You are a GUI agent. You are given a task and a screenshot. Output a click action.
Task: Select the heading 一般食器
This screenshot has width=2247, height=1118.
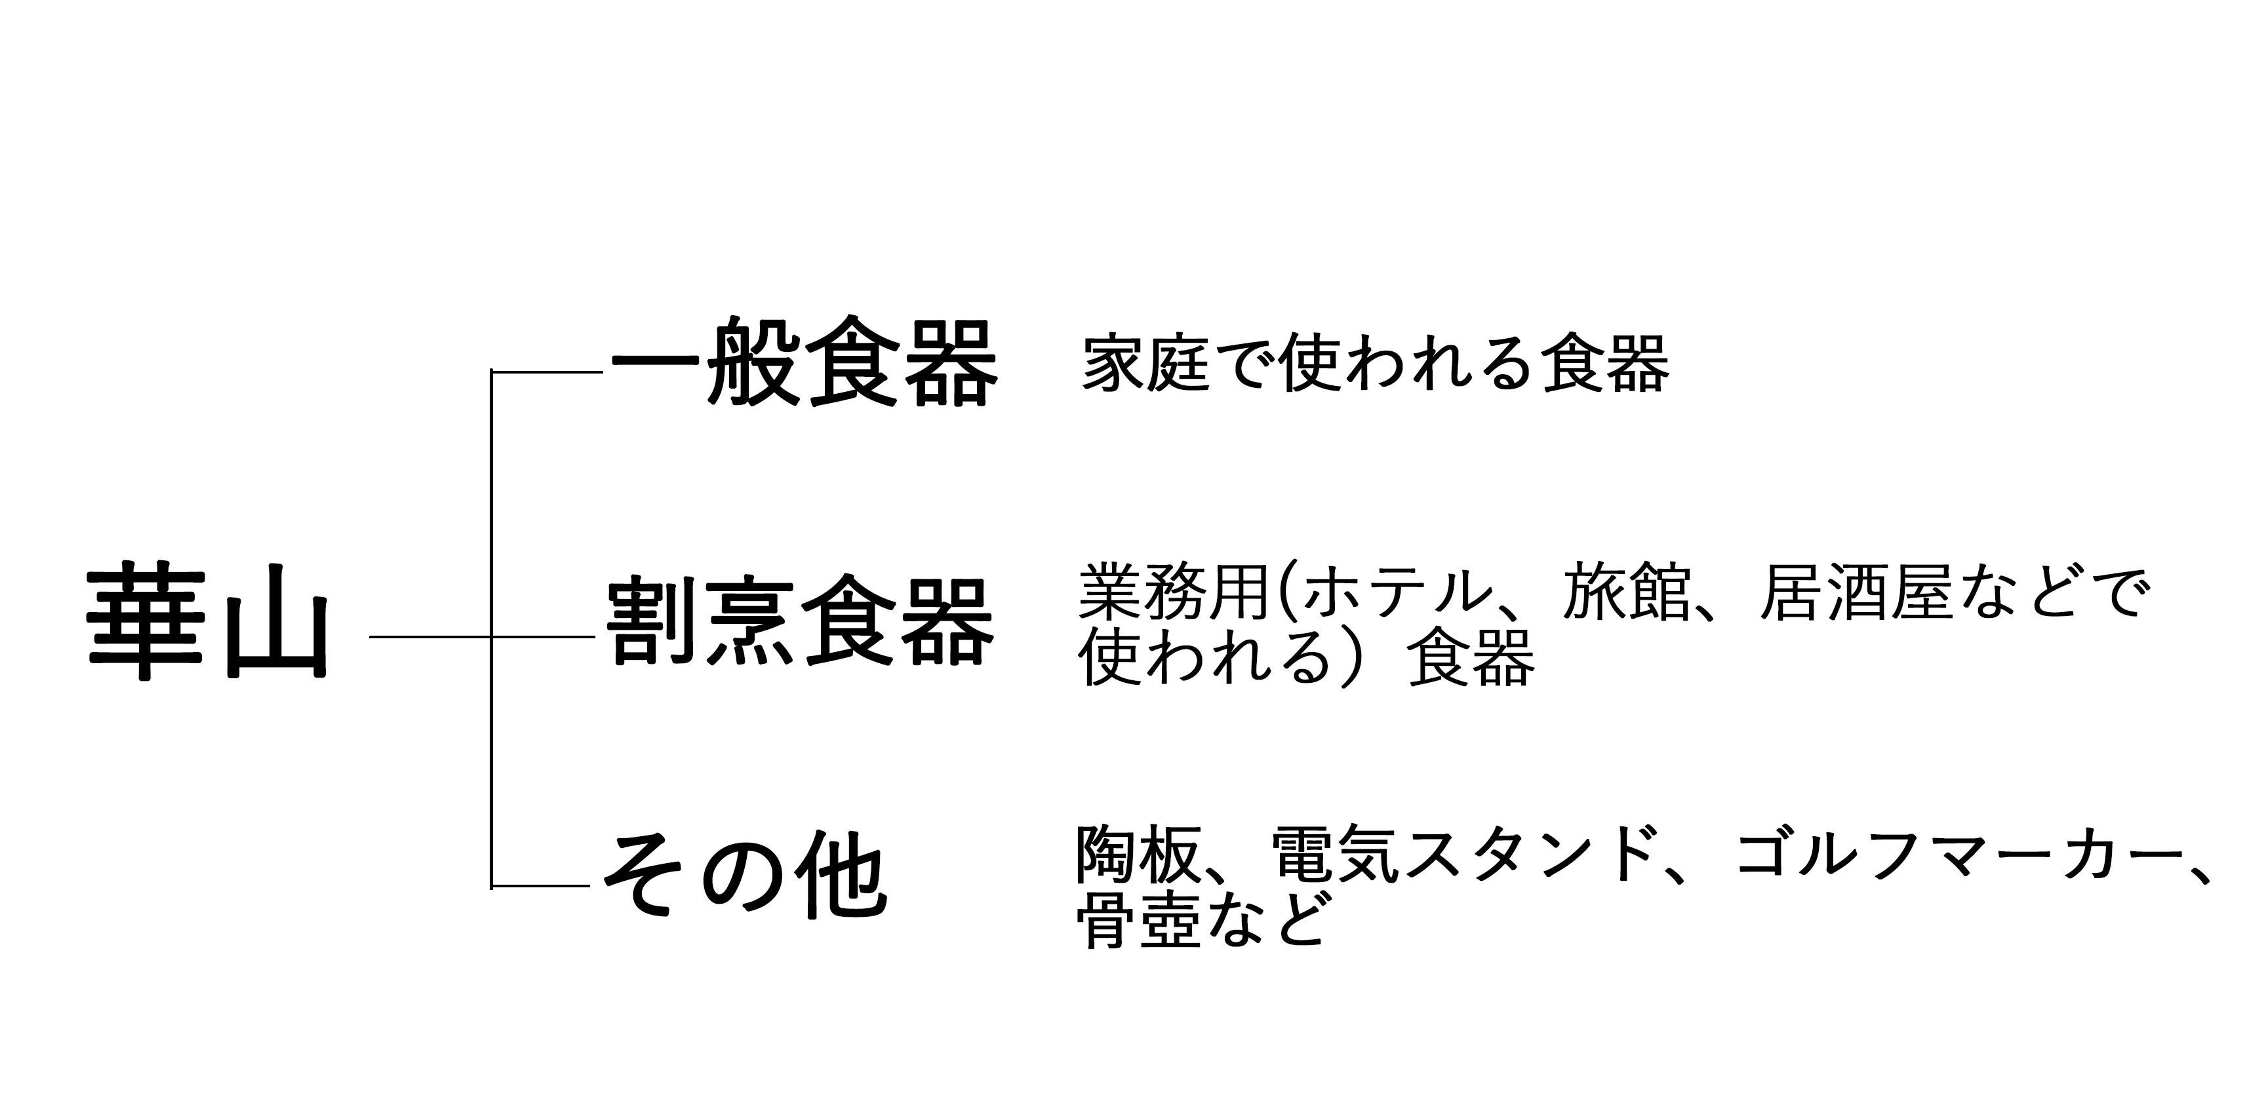pyautogui.click(x=803, y=362)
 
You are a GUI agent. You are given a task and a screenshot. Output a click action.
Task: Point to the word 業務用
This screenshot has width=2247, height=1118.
pyautogui.click(x=1173, y=593)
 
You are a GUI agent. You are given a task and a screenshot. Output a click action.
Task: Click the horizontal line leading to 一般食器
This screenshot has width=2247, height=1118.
pyautogui.click(x=547, y=372)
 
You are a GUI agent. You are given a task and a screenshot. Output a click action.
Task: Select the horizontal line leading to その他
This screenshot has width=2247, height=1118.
pyautogui.click(x=541, y=886)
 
